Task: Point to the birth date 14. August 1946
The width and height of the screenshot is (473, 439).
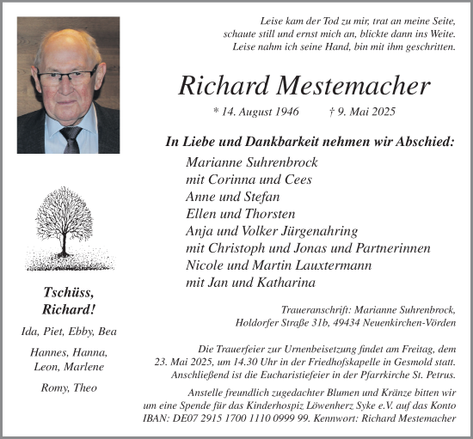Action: (x=256, y=113)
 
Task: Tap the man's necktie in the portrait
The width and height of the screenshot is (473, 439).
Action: (x=71, y=137)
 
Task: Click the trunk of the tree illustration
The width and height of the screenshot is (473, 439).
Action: (x=62, y=244)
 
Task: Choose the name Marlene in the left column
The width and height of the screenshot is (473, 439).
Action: (x=83, y=367)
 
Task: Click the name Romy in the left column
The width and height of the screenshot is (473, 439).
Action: (x=55, y=387)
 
